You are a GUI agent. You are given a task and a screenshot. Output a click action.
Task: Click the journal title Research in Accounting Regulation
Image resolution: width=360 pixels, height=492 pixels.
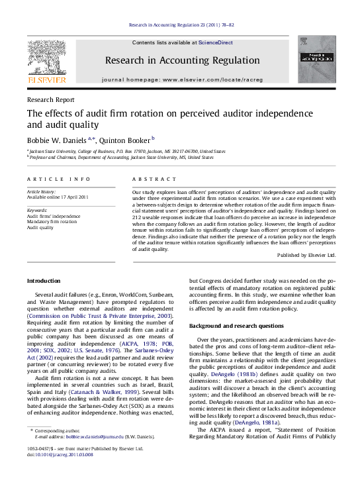point(179,61)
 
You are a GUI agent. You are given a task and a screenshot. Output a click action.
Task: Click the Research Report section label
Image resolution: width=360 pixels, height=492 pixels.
point(50,100)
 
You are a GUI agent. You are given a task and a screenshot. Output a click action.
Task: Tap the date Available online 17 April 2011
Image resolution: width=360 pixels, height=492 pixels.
point(56,197)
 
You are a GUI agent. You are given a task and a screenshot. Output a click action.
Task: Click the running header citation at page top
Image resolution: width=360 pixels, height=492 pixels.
point(180,26)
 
